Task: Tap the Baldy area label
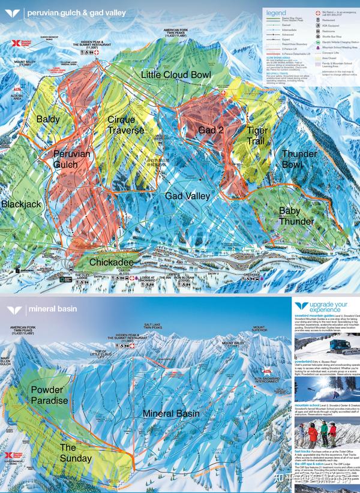(x=48, y=119)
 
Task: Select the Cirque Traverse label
(x=125, y=125)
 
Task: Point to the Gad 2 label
(x=211, y=130)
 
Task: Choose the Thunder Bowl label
(x=299, y=159)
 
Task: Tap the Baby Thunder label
(x=296, y=216)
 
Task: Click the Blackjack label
(x=21, y=204)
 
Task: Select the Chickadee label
(x=110, y=262)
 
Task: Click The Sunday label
(x=76, y=453)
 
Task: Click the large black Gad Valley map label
(x=187, y=196)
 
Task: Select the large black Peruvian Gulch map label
(x=71, y=159)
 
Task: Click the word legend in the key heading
(x=276, y=12)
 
